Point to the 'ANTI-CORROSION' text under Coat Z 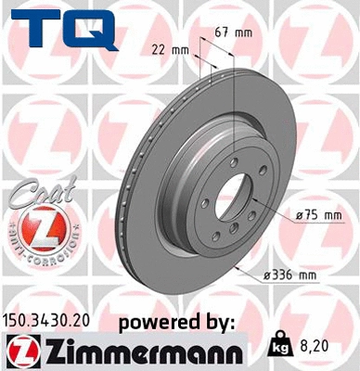33,252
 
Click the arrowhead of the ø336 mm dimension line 238,269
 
